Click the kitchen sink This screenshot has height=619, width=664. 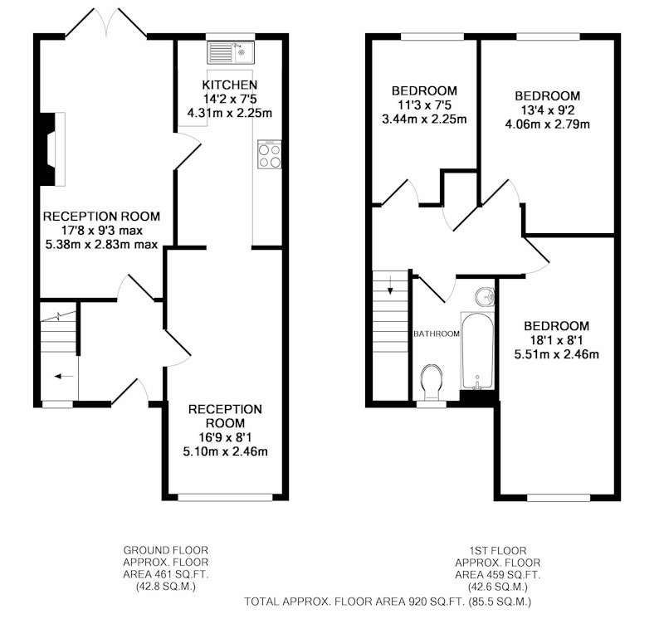(x=231, y=52)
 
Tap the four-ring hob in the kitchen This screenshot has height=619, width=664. (x=269, y=154)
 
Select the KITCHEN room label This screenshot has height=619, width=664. (x=230, y=85)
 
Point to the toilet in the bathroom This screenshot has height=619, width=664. (x=432, y=382)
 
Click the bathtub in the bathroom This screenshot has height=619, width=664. (x=477, y=351)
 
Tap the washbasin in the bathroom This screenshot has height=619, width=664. (x=485, y=296)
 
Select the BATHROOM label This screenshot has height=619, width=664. (x=437, y=334)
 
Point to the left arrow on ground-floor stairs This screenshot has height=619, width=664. (x=65, y=376)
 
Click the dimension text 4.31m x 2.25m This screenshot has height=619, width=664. (x=230, y=114)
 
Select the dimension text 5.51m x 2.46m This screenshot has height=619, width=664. (x=556, y=354)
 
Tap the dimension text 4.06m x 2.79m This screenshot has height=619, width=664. (x=547, y=124)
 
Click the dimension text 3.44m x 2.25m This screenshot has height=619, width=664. (x=424, y=119)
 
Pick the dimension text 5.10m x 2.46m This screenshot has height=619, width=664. (x=225, y=451)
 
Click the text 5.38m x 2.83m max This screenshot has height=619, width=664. (x=101, y=245)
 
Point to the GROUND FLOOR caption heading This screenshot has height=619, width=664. (x=165, y=550)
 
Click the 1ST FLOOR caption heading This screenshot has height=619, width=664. (x=497, y=551)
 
